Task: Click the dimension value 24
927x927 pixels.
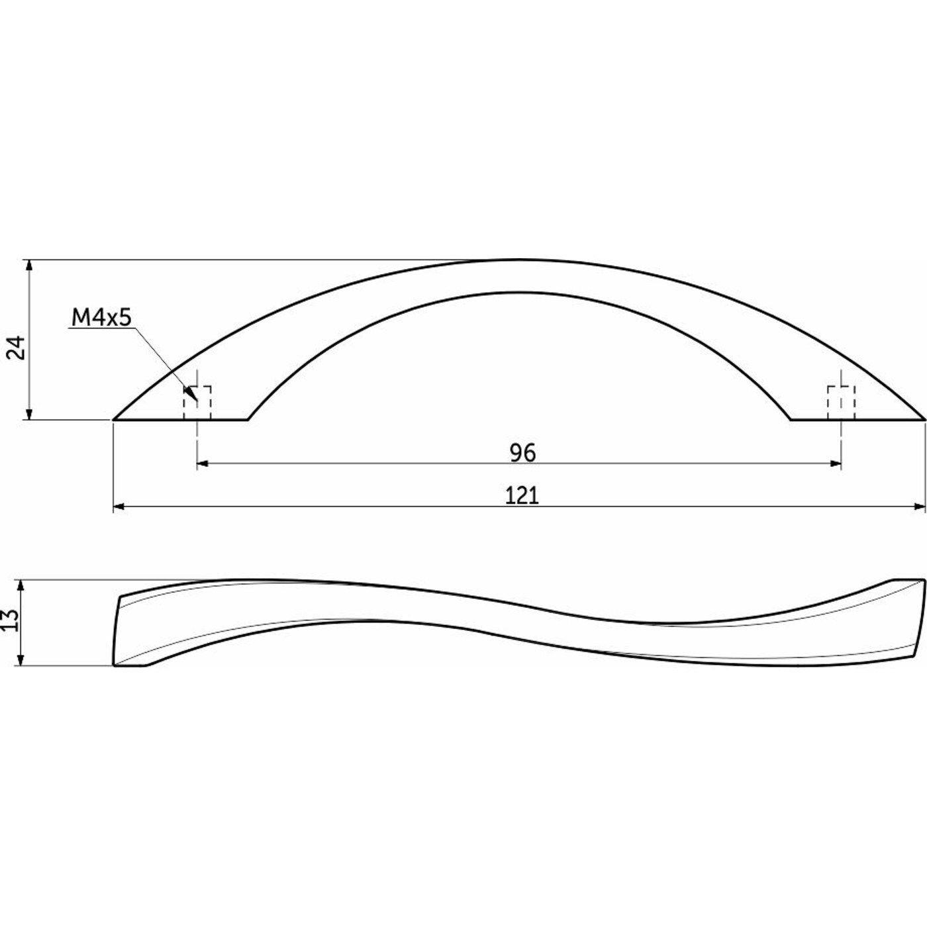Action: pos(16,347)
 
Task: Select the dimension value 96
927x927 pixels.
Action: pos(522,453)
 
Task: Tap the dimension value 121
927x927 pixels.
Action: pos(522,495)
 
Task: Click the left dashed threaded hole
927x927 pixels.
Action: pos(197,403)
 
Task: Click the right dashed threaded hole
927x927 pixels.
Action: pos(841,403)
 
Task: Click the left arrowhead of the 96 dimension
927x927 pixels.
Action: pos(203,464)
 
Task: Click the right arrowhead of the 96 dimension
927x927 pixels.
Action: pos(836,464)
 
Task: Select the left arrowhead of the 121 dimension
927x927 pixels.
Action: pos(119,507)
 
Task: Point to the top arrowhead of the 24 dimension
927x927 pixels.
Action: pos(28,265)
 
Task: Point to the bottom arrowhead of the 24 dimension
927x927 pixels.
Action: pos(28,414)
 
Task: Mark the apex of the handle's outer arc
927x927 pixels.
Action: pos(520,260)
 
